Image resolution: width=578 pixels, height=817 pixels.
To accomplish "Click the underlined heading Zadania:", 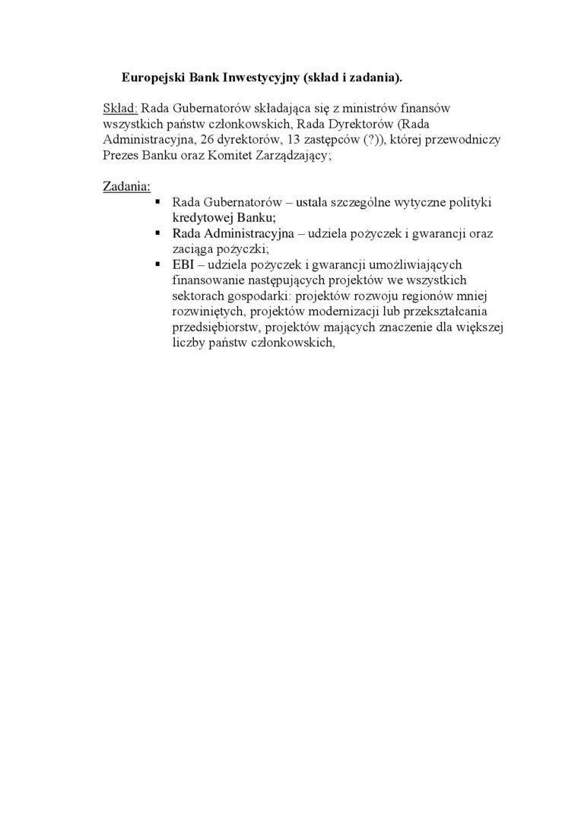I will (x=127, y=186).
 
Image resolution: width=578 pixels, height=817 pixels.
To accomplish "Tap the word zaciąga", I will (x=193, y=249).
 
